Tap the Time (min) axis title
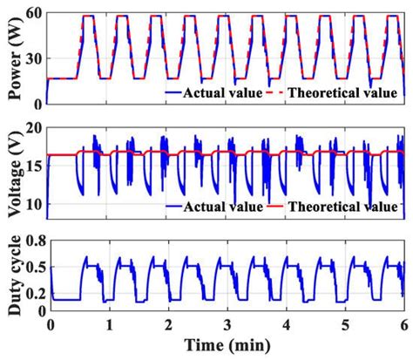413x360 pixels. tap(227, 346)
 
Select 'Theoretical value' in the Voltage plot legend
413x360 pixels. tap(346, 207)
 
